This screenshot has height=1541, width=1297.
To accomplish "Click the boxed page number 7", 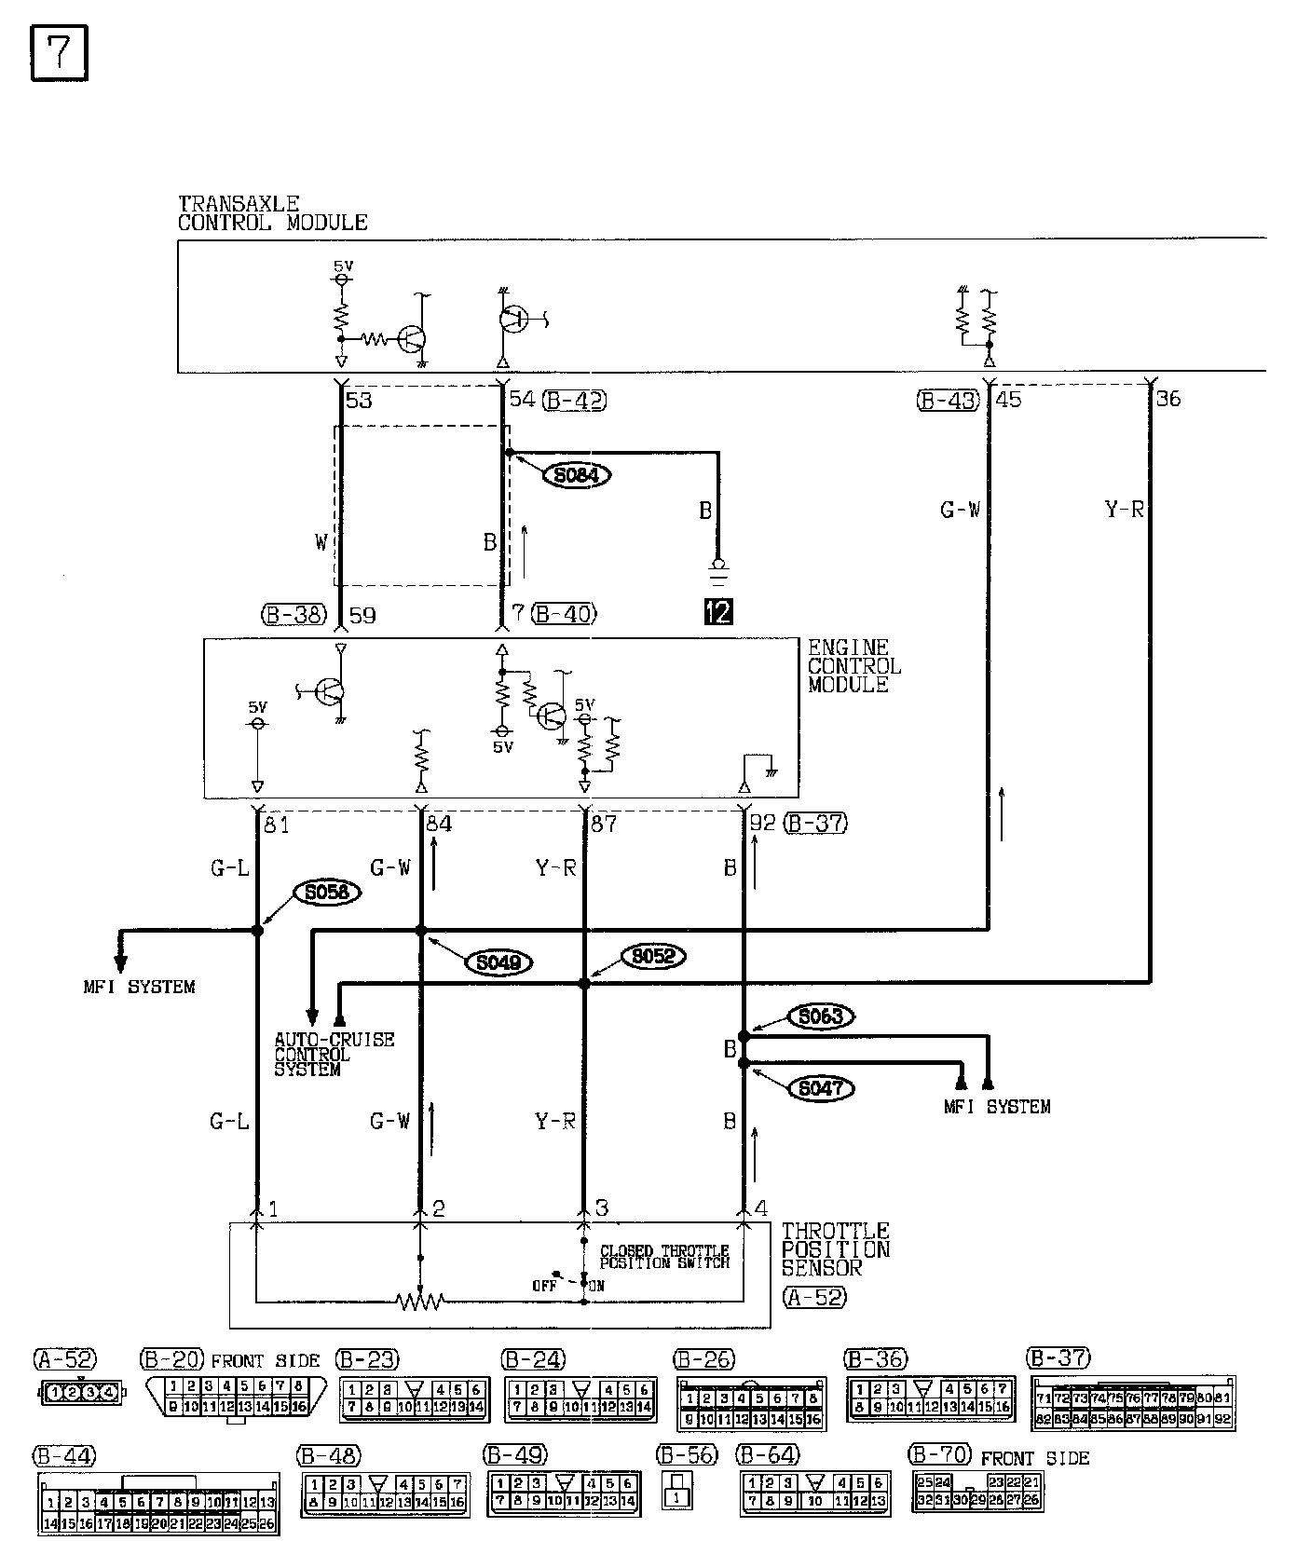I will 59,53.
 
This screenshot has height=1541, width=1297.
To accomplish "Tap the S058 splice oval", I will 326,892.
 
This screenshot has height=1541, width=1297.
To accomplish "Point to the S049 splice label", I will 498,961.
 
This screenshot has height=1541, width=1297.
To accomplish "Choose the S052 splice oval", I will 653,956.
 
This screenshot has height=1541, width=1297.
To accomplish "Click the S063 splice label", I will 820,1016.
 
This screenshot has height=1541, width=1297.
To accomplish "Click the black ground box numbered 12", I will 718,611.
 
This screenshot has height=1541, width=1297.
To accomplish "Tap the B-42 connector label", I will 574,401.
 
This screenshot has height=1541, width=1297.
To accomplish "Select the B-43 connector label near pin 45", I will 948,401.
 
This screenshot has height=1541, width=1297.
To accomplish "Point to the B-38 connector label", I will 294,615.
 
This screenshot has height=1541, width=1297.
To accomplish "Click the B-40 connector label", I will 564,614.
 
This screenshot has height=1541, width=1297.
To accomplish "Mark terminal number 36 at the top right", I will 1167,399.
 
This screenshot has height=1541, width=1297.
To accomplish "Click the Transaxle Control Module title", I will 272,213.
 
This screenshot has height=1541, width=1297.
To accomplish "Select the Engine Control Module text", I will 853,665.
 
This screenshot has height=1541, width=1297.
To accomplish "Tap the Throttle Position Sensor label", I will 835,1249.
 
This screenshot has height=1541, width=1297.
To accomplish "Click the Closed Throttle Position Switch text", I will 663,1257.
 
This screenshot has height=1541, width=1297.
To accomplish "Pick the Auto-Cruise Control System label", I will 334,1054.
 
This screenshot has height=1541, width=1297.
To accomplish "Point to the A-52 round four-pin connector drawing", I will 80,1393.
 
